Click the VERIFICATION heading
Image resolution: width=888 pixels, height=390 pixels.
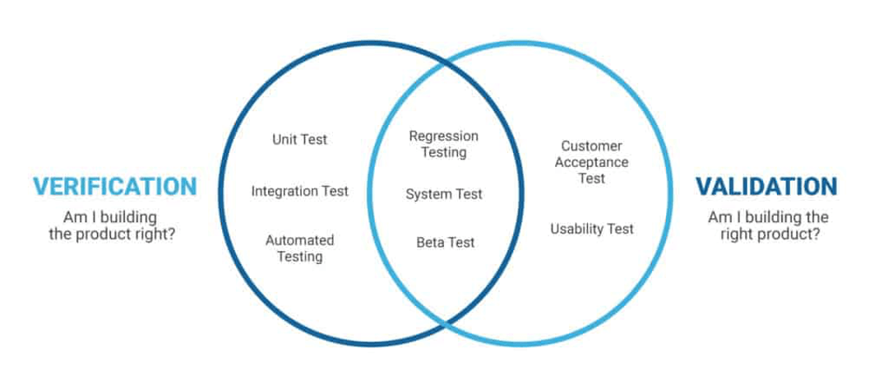pyautogui.click(x=115, y=186)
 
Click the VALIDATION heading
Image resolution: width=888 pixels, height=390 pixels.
pyautogui.click(x=766, y=186)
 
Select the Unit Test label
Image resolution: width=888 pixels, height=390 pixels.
pyautogui.click(x=299, y=140)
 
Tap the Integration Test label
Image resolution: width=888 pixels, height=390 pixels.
pyautogui.click(x=299, y=191)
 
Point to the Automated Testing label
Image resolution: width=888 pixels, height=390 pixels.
pyautogui.click(x=299, y=248)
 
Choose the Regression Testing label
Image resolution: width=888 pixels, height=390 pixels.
pyautogui.click(x=443, y=144)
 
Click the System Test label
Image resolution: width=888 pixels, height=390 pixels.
pyautogui.click(x=443, y=194)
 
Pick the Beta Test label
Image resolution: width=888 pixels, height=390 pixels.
pyautogui.click(x=445, y=243)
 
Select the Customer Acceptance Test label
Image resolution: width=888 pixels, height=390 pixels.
pyautogui.click(x=591, y=162)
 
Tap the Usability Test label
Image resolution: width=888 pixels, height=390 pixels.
pyautogui.click(x=591, y=229)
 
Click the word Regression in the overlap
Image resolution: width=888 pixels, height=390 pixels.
pyautogui.click(x=443, y=136)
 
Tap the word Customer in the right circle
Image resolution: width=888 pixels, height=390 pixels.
pyautogui.click(x=591, y=146)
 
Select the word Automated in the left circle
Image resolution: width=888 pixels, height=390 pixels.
pyautogui.click(x=299, y=240)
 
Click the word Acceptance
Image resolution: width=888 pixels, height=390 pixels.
pyautogui.click(x=591, y=162)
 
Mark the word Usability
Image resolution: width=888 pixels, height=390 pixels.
pyautogui.click(x=576, y=229)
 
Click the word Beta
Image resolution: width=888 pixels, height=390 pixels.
pyautogui.click(x=430, y=243)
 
